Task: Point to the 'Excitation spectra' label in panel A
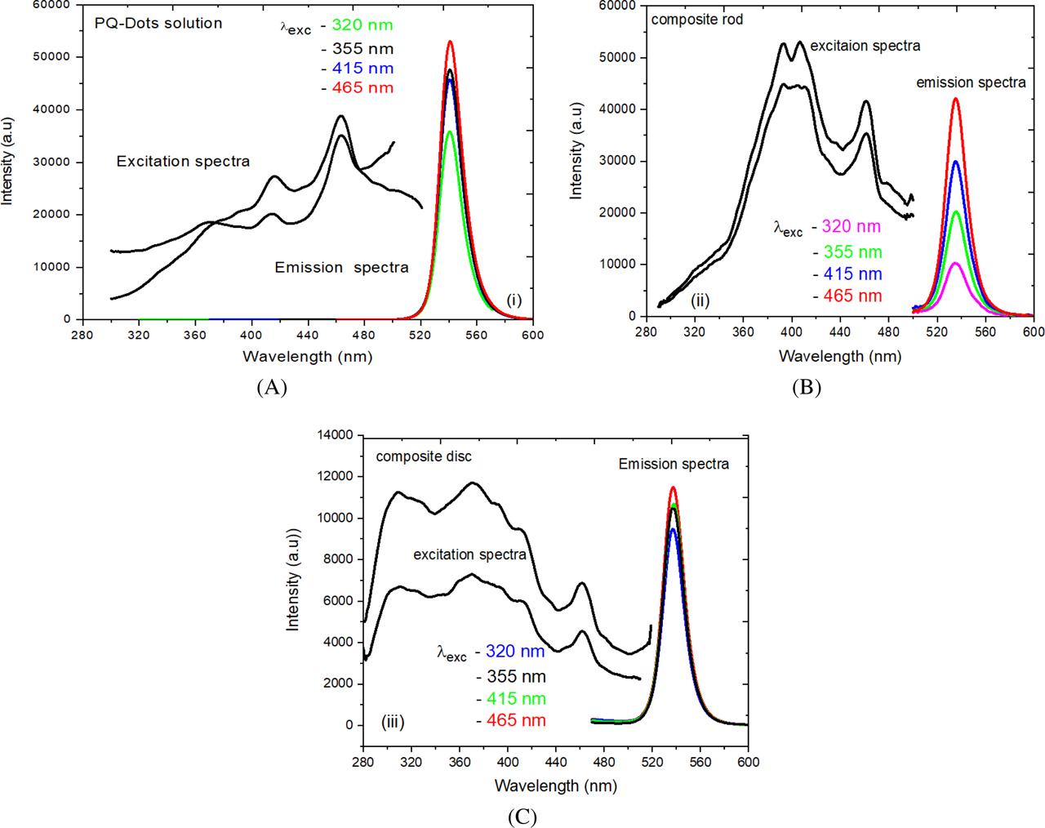click(x=183, y=161)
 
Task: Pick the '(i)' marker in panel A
click(x=514, y=300)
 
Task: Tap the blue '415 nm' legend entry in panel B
click(x=852, y=274)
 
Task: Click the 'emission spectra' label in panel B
click(x=971, y=82)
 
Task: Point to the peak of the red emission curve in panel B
click(x=955, y=99)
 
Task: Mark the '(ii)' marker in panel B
click(x=700, y=300)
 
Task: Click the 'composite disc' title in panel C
click(x=424, y=456)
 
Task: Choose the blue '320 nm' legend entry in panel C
click(x=515, y=652)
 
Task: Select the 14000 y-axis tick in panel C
click(x=337, y=435)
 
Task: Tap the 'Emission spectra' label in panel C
click(x=674, y=464)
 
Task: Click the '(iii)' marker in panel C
click(x=393, y=722)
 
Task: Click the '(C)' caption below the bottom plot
click(x=522, y=817)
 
